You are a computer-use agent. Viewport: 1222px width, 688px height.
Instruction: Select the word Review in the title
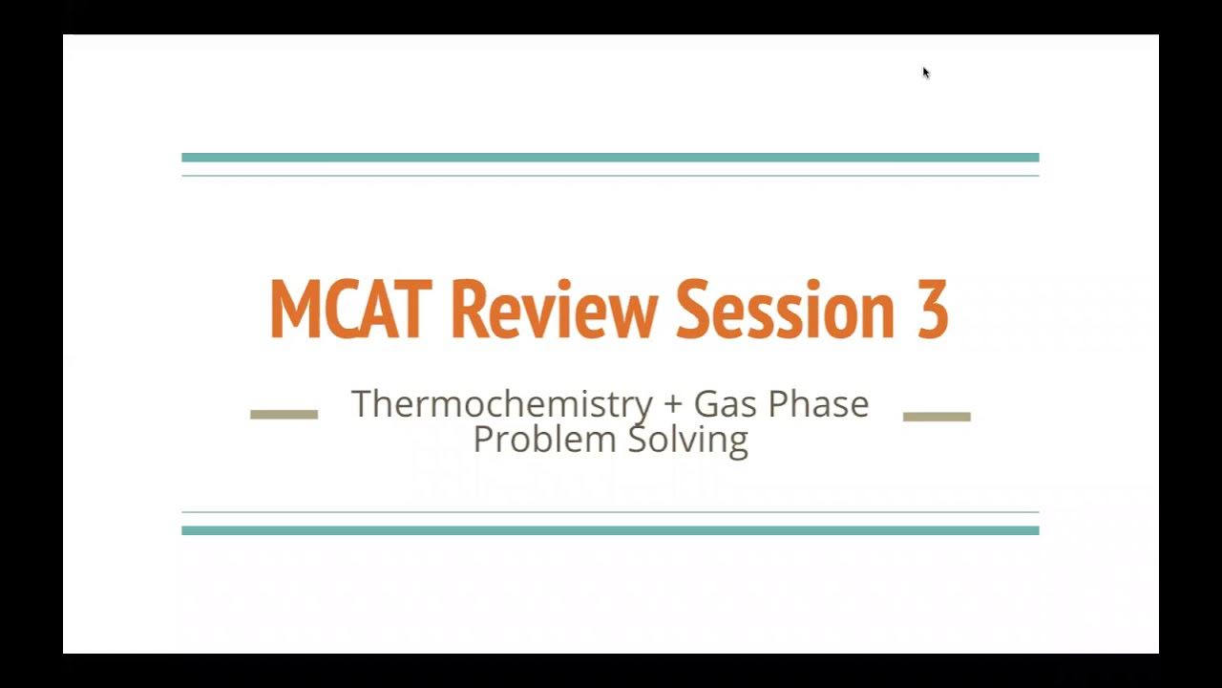coord(554,310)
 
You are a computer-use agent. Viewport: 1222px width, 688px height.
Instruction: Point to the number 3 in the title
coord(932,310)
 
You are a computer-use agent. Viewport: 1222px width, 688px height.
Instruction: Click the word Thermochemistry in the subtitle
coord(502,403)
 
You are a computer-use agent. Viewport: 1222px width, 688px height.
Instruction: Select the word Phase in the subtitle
coord(818,403)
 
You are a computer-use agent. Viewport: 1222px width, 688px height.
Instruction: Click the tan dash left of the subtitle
coord(284,414)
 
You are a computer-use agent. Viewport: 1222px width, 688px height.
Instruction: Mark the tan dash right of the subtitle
coord(937,416)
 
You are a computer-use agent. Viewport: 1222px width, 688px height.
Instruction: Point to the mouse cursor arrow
coord(926,73)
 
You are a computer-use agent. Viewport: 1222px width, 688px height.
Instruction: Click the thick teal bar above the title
coord(610,158)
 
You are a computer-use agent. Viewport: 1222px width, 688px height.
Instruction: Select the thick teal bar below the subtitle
coord(610,530)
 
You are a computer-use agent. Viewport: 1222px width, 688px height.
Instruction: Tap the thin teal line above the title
coord(610,176)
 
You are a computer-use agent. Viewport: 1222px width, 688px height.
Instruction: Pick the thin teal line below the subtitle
coord(610,512)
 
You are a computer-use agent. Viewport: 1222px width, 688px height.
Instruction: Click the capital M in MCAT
coord(292,310)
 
